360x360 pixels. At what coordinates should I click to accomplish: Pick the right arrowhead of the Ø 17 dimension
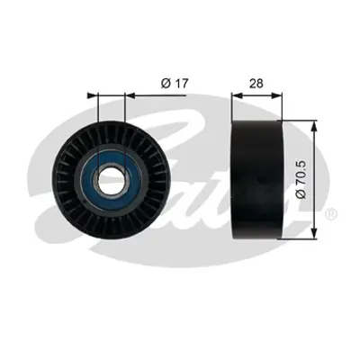pyautogui.click(x=130, y=93)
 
